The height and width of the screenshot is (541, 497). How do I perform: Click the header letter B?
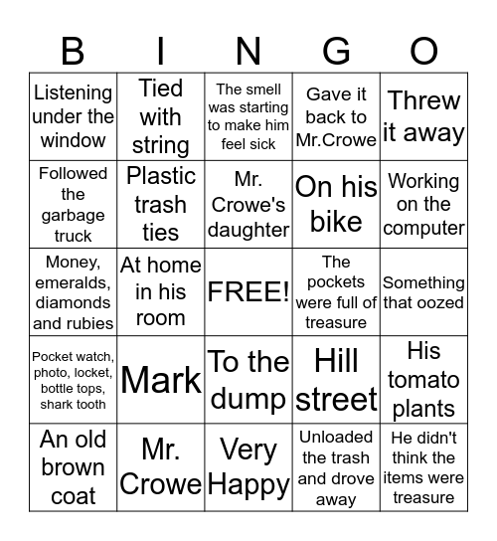pyautogui.click(x=73, y=50)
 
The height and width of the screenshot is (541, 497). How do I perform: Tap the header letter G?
pyautogui.click(x=336, y=50)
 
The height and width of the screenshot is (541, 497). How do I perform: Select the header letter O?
pyautogui.click(x=424, y=50)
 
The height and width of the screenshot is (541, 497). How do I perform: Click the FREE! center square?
pyautogui.click(x=248, y=291)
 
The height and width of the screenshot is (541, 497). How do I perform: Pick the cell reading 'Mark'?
pyautogui.click(x=161, y=379)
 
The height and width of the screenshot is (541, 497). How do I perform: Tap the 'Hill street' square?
pyautogui.click(x=336, y=379)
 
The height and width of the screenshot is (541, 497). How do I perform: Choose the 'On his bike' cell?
pyautogui.click(x=336, y=204)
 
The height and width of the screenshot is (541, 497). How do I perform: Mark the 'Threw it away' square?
pyautogui.click(x=424, y=116)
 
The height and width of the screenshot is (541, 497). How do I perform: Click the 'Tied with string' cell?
pyautogui.click(x=161, y=116)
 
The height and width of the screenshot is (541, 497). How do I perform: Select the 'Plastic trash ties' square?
pyautogui.click(x=161, y=204)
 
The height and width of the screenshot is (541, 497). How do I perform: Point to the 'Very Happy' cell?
pyautogui.click(x=248, y=466)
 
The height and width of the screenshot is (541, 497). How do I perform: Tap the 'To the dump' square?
pyautogui.click(x=248, y=379)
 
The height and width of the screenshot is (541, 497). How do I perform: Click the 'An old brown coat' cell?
pyautogui.click(x=73, y=466)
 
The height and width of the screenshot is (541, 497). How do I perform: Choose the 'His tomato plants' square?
pyautogui.click(x=424, y=379)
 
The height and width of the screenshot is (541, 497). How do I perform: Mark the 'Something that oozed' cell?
pyautogui.click(x=424, y=291)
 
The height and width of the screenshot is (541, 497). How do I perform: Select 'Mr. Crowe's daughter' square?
pyautogui.click(x=248, y=204)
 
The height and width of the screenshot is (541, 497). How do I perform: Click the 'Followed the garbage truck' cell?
pyautogui.click(x=73, y=204)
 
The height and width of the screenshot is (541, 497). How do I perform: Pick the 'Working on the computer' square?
pyautogui.click(x=424, y=204)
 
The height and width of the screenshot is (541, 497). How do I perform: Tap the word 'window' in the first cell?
pyautogui.click(x=73, y=140)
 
